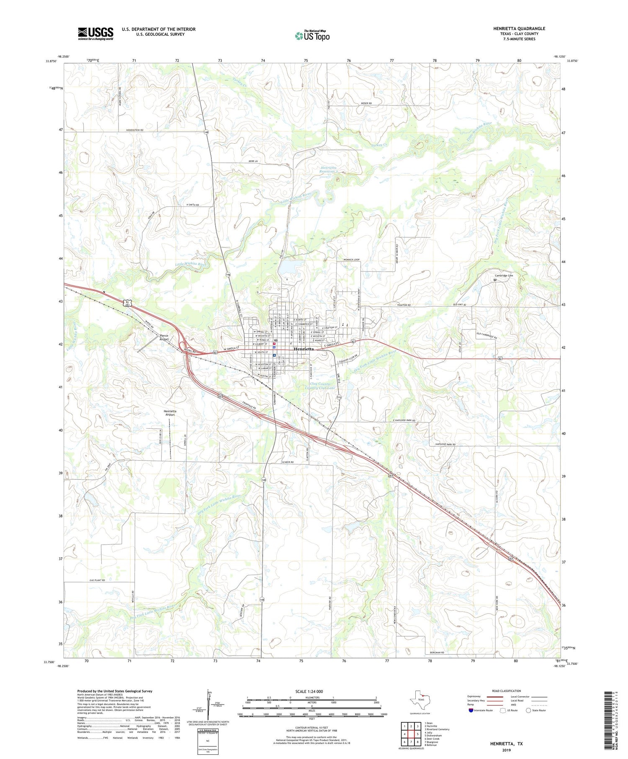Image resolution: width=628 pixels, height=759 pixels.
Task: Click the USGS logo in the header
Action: click(x=95, y=33)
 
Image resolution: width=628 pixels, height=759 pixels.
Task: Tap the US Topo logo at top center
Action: click(x=312, y=36)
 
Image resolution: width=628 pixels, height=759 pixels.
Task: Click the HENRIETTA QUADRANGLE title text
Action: click(x=519, y=28)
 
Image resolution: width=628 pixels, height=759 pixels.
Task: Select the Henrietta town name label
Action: click(x=304, y=349)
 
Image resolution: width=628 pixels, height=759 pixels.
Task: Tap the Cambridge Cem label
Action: click(x=504, y=275)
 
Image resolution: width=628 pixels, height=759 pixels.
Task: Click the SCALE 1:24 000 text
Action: click(x=311, y=691)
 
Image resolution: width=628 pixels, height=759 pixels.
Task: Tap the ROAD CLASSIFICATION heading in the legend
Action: click(x=507, y=691)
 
